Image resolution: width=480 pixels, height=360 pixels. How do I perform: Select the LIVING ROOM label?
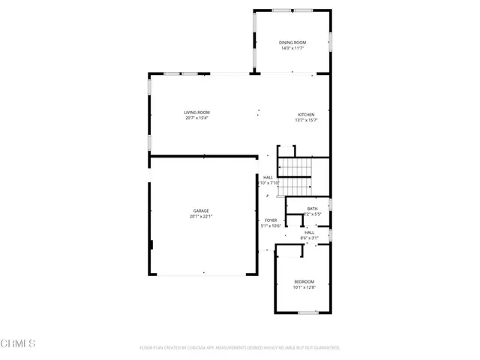(x=196, y=112)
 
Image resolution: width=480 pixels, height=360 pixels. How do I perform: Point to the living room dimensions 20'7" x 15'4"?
(x=196, y=118)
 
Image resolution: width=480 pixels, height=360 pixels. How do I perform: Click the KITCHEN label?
(x=306, y=115)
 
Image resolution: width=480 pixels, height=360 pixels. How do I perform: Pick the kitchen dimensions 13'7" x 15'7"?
(x=306, y=121)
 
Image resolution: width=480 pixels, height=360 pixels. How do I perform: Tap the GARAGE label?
(x=201, y=211)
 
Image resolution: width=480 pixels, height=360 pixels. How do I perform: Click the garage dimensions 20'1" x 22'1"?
(x=201, y=217)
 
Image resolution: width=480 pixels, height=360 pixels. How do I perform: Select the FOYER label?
(x=270, y=220)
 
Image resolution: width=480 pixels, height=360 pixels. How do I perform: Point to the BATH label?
(x=312, y=208)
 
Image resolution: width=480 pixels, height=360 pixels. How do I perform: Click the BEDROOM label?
(x=304, y=281)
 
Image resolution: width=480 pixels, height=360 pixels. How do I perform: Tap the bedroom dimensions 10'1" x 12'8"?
(x=304, y=287)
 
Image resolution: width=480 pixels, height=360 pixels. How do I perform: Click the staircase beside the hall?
(x=294, y=176)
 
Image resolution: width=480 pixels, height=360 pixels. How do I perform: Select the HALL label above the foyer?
(x=268, y=178)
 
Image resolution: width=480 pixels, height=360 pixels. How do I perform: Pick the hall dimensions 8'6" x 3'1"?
(x=309, y=238)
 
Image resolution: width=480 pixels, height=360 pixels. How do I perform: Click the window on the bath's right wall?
(x=330, y=205)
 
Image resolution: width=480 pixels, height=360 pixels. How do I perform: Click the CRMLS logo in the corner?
(x=19, y=343)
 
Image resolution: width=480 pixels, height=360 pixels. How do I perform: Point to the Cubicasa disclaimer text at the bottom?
(x=240, y=348)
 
